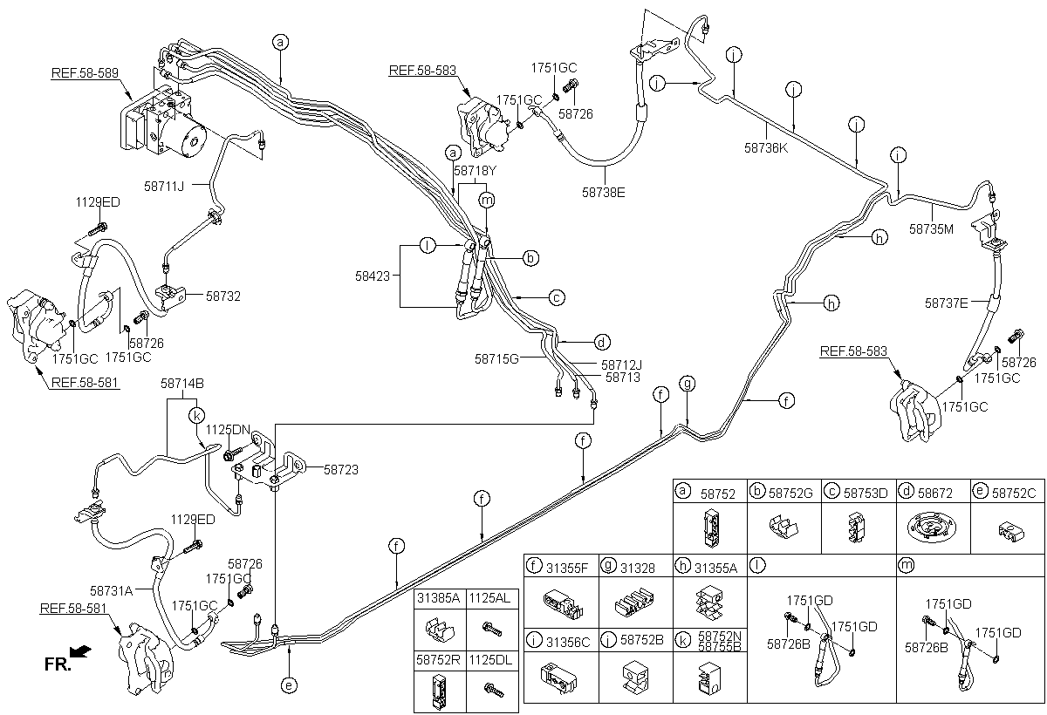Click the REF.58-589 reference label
[x=85, y=73]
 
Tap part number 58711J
[x=164, y=187]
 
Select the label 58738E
[x=603, y=193]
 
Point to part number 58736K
[x=766, y=148]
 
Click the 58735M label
[x=931, y=229]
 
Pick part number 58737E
[x=946, y=303]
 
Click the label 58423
[x=372, y=276]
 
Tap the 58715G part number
[x=496, y=358]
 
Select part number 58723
[x=341, y=470]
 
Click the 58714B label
[x=182, y=384]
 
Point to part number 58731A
[x=112, y=591]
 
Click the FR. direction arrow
[x=80, y=651]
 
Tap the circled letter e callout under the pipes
[x=289, y=685]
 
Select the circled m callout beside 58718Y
[x=487, y=201]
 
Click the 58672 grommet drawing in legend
[x=932, y=528]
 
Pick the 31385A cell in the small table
[x=440, y=599]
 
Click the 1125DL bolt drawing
[x=494, y=689]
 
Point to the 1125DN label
[x=228, y=430]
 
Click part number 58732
[x=223, y=296]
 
